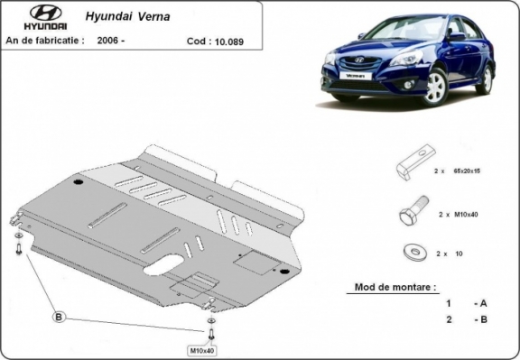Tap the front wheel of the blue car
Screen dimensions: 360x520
[436, 88]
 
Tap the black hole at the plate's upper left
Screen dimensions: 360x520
[78, 182]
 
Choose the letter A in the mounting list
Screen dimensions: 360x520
[485, 303]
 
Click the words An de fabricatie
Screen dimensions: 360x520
[45, 41]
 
